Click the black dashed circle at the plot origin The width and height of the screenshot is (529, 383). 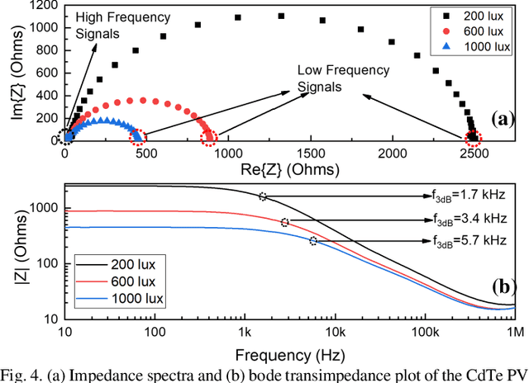(66, 137)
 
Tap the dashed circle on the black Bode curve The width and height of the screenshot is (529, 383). (263, 196)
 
